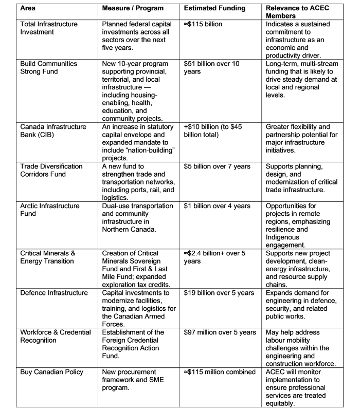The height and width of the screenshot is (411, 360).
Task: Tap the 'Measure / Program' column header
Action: click(133, 9)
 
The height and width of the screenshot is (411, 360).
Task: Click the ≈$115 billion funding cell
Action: click(205, 25)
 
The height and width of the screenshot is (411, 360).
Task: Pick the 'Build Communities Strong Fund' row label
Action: click(49, 67)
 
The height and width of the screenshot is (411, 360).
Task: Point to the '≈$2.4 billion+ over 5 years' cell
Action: click(217, 257)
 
